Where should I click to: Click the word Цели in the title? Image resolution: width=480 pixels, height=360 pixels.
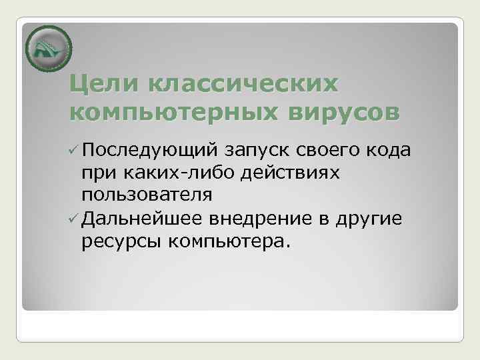pos(104,85)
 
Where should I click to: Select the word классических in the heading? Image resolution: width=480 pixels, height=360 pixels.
pos(243,85)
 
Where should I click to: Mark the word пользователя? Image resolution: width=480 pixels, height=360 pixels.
pos(147,195)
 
